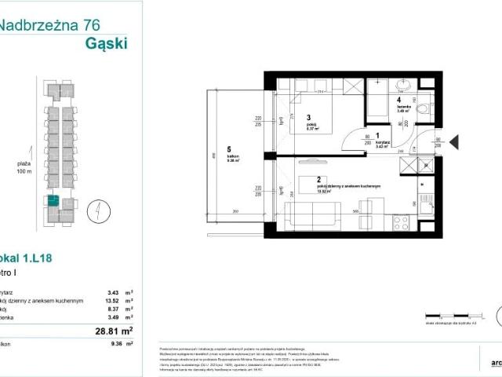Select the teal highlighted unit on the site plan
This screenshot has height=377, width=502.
coord(52,200)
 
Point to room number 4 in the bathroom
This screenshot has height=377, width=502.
coord(399,99)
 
